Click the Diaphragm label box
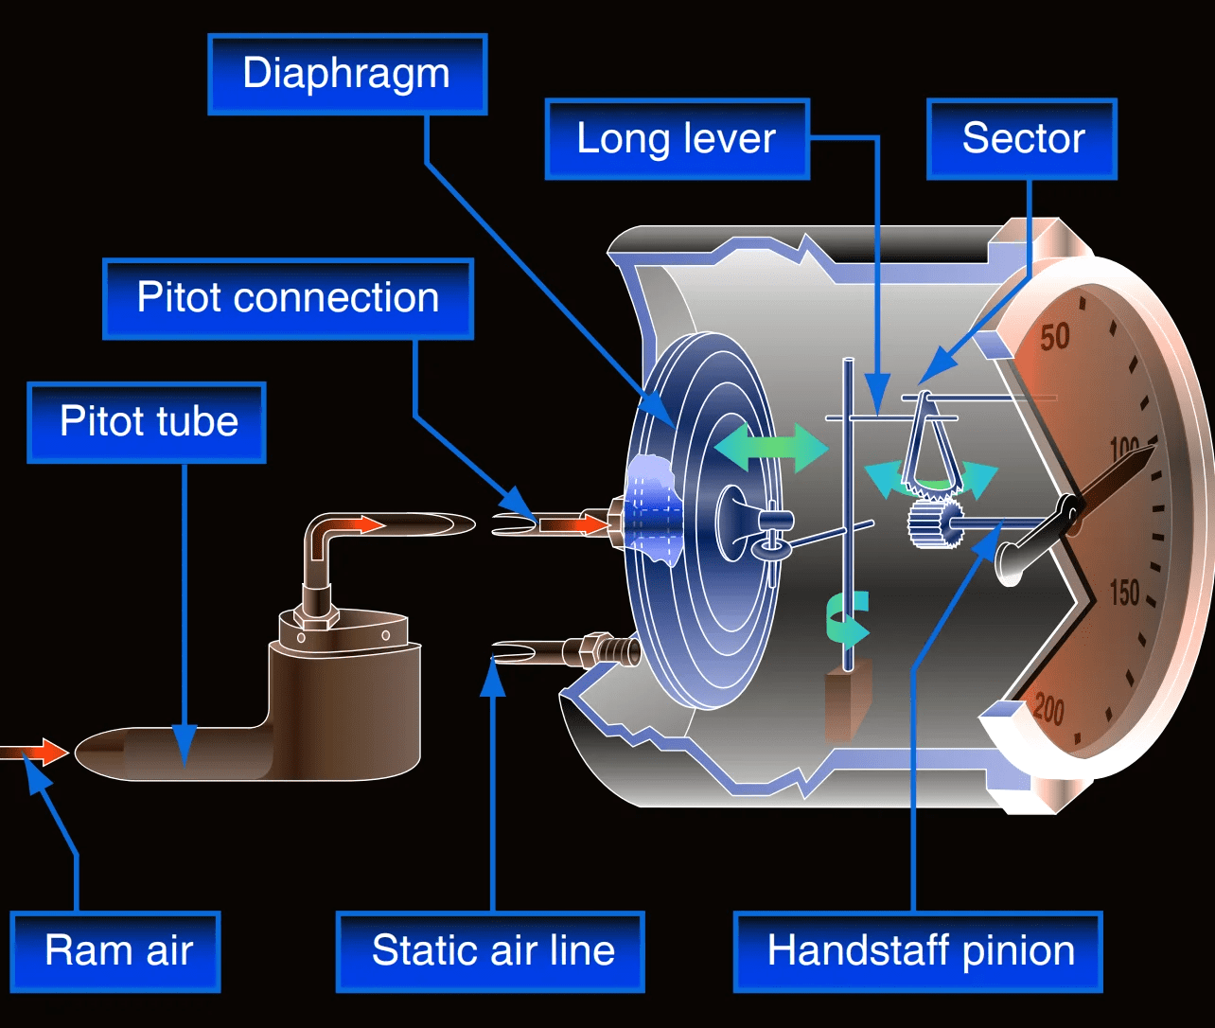(346, 74)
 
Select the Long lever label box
(677, 139)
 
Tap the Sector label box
(1022, 139)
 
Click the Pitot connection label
(288, 298)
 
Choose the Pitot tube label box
(148, 421)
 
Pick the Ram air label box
(115, 951)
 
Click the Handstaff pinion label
(919, 951)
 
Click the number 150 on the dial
(1124, 594)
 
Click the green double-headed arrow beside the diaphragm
(771, 448)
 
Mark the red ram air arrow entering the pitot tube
(43, 753)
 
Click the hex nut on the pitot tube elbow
(316, 612)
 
